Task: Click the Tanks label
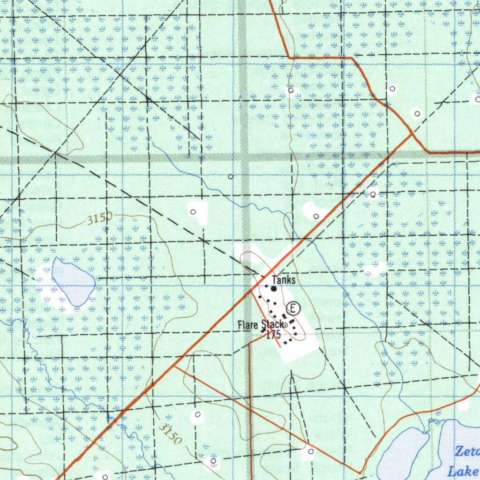284,280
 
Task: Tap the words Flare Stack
259,324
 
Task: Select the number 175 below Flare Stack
273,335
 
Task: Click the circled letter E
293,308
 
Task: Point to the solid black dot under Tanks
274,289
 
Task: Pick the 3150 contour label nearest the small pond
99,218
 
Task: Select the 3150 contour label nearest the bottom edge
169,433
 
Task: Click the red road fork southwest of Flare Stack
175,366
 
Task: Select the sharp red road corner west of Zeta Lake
360,473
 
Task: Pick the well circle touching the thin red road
310,451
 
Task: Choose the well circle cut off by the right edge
477,99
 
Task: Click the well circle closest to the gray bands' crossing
230,177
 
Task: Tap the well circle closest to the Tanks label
316,216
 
